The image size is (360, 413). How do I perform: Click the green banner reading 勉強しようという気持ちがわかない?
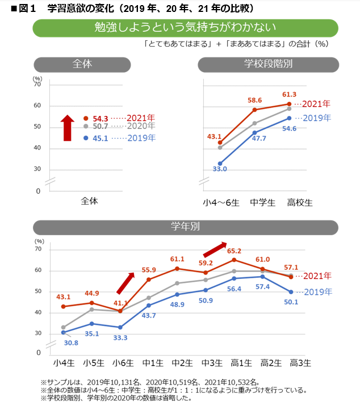[x=185, y=28]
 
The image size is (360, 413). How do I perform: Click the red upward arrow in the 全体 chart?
[x=68, y=128]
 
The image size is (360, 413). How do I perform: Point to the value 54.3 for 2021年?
[x=99, y=118]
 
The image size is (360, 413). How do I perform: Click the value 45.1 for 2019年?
[x=99, y=138]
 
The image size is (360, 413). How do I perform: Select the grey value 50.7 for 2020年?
[x=99, y=127]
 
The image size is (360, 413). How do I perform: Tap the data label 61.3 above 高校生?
[x=289, y=94]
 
